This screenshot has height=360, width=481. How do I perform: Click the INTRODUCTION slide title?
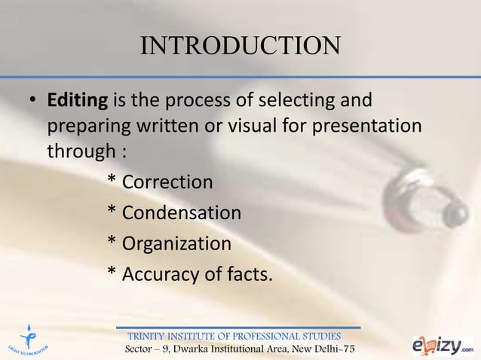tap(240, 46)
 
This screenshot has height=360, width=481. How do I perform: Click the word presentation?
tap(371, 125)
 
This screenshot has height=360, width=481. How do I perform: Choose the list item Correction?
tap(167, 182)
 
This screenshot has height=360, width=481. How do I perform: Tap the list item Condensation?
tap(181, 213)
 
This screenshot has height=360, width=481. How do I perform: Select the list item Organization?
tap(176, 244)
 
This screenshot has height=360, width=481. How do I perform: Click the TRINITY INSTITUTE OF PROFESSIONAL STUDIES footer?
tap(234, 336)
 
